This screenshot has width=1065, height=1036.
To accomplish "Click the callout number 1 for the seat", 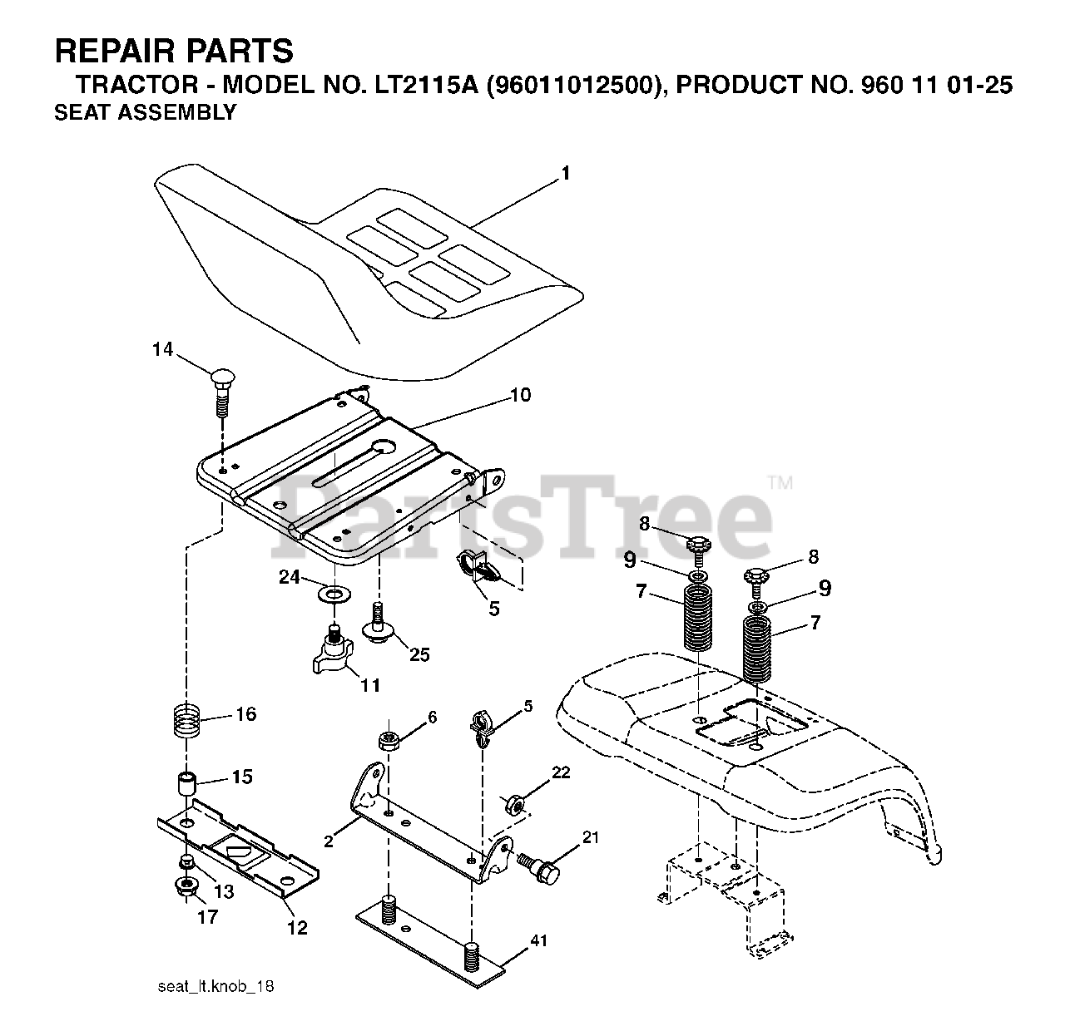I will pos(565,174).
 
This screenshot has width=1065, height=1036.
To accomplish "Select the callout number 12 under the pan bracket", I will pos(297,927).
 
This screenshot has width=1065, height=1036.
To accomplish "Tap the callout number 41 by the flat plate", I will pos(539,942).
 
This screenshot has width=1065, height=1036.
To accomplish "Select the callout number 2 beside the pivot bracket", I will pos(329,841).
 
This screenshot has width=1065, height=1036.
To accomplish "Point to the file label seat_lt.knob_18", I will pos(215,987).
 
